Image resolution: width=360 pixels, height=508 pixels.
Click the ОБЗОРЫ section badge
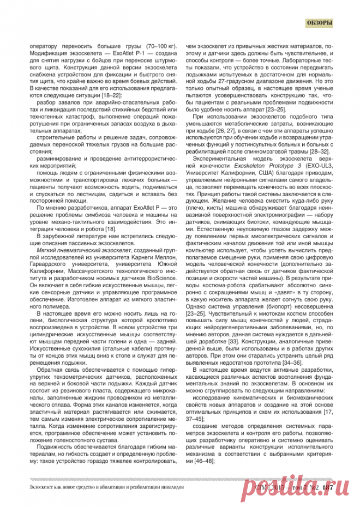tap(317, 23)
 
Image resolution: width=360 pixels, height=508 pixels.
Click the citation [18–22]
tap(109, 95)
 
